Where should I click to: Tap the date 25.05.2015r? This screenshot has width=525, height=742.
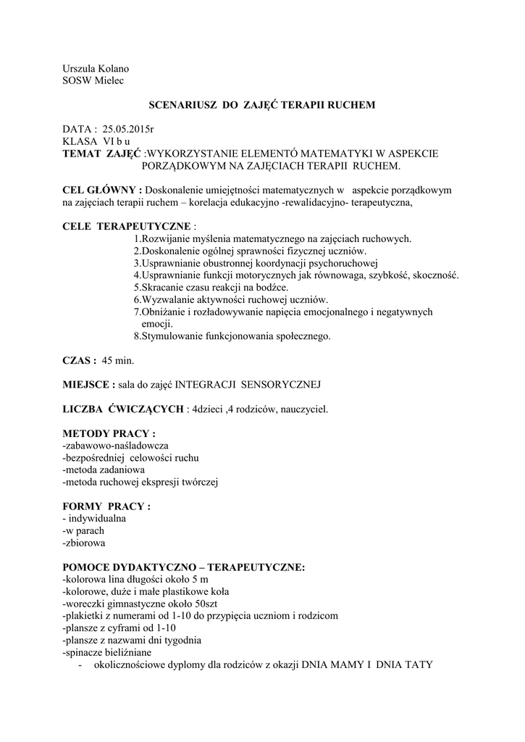click(x=128, y=129)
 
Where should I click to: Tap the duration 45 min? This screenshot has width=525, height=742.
click(x=118, y=360)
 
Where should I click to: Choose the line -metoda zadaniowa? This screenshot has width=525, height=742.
click(x=104, y=470)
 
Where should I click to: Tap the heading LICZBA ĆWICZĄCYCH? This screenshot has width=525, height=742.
click(x=123, y=409)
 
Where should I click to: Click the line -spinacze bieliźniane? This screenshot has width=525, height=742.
click(x=114, y=653)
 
